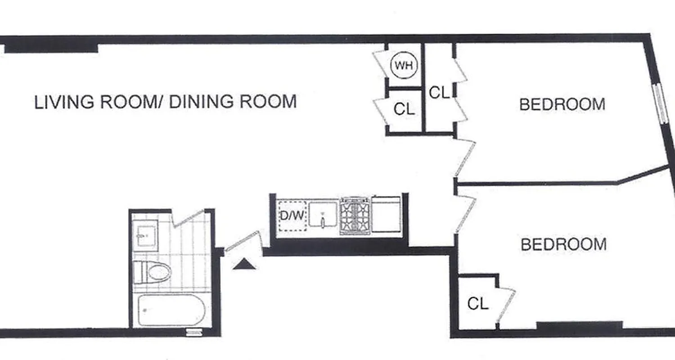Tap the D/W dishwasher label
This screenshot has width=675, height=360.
292,216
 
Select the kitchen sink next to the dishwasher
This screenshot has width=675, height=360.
322,215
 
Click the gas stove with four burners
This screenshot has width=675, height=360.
355,216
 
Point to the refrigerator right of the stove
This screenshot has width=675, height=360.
386,215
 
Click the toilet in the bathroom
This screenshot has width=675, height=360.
153,272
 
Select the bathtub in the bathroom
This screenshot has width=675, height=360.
171,310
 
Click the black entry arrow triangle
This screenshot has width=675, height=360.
244,264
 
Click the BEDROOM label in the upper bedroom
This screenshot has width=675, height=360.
562,104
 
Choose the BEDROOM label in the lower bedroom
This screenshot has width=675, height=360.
563,245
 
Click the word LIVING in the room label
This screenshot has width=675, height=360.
65,102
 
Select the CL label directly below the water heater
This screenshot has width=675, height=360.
404,109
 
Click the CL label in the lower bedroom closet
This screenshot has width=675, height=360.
477,304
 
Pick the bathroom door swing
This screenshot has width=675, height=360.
188,218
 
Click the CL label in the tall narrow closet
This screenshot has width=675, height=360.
439,93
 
